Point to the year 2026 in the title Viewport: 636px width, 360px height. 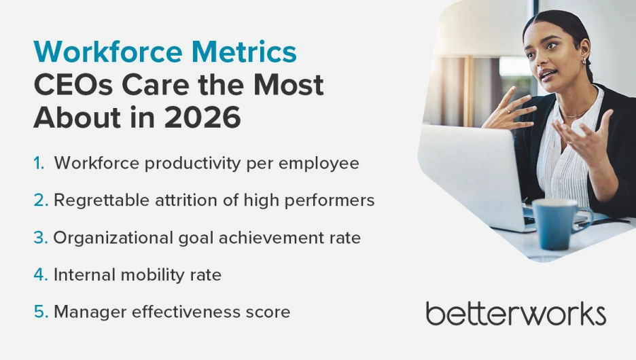click(202, 118)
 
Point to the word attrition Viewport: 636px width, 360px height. click(183, 201)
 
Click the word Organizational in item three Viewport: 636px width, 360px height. click(108, 238)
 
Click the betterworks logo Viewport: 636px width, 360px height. click(516, 314)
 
